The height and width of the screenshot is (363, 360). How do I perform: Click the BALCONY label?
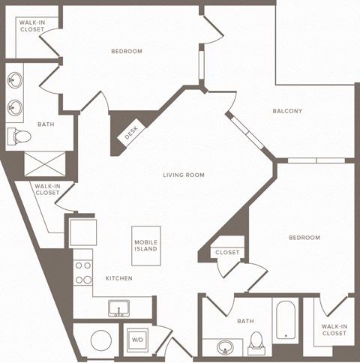tap(288, 112)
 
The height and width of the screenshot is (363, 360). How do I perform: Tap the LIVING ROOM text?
tap(184, 175)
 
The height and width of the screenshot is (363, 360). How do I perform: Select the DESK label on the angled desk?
tap(132, 133)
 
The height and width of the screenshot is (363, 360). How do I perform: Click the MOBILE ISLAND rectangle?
tap(146, 245)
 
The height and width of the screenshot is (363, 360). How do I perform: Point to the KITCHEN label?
tap(118, 278)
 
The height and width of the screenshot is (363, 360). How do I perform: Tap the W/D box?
tap(137, 339)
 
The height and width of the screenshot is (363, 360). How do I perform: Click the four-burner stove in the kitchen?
tap(82, 273)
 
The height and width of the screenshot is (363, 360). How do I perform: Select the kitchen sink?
tap(118, 307)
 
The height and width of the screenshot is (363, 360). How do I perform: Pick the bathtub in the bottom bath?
tap(286, 322)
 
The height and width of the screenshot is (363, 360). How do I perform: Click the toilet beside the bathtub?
tap(256, 341)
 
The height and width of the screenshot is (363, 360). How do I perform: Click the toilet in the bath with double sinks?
tap(20, 136)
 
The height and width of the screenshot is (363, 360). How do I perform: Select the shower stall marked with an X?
tap(45, 163)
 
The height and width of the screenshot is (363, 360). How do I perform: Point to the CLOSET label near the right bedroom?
tap(227, 253)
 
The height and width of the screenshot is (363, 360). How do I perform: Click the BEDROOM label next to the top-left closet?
tap(127, 52)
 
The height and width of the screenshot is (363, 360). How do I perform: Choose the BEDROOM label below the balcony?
tap(304, 238)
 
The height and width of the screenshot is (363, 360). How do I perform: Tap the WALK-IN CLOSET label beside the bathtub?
tap(334, 329)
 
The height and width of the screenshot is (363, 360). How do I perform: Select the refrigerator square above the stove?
tap(82, 232)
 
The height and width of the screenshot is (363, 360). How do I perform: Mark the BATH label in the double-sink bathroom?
tap(45, 124)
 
